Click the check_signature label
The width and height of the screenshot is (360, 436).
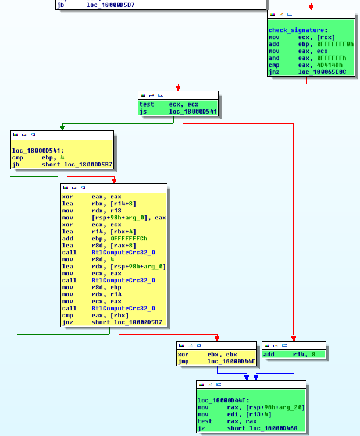coord(290,30)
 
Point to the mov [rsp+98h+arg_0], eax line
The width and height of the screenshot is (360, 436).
coord(114,218)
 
